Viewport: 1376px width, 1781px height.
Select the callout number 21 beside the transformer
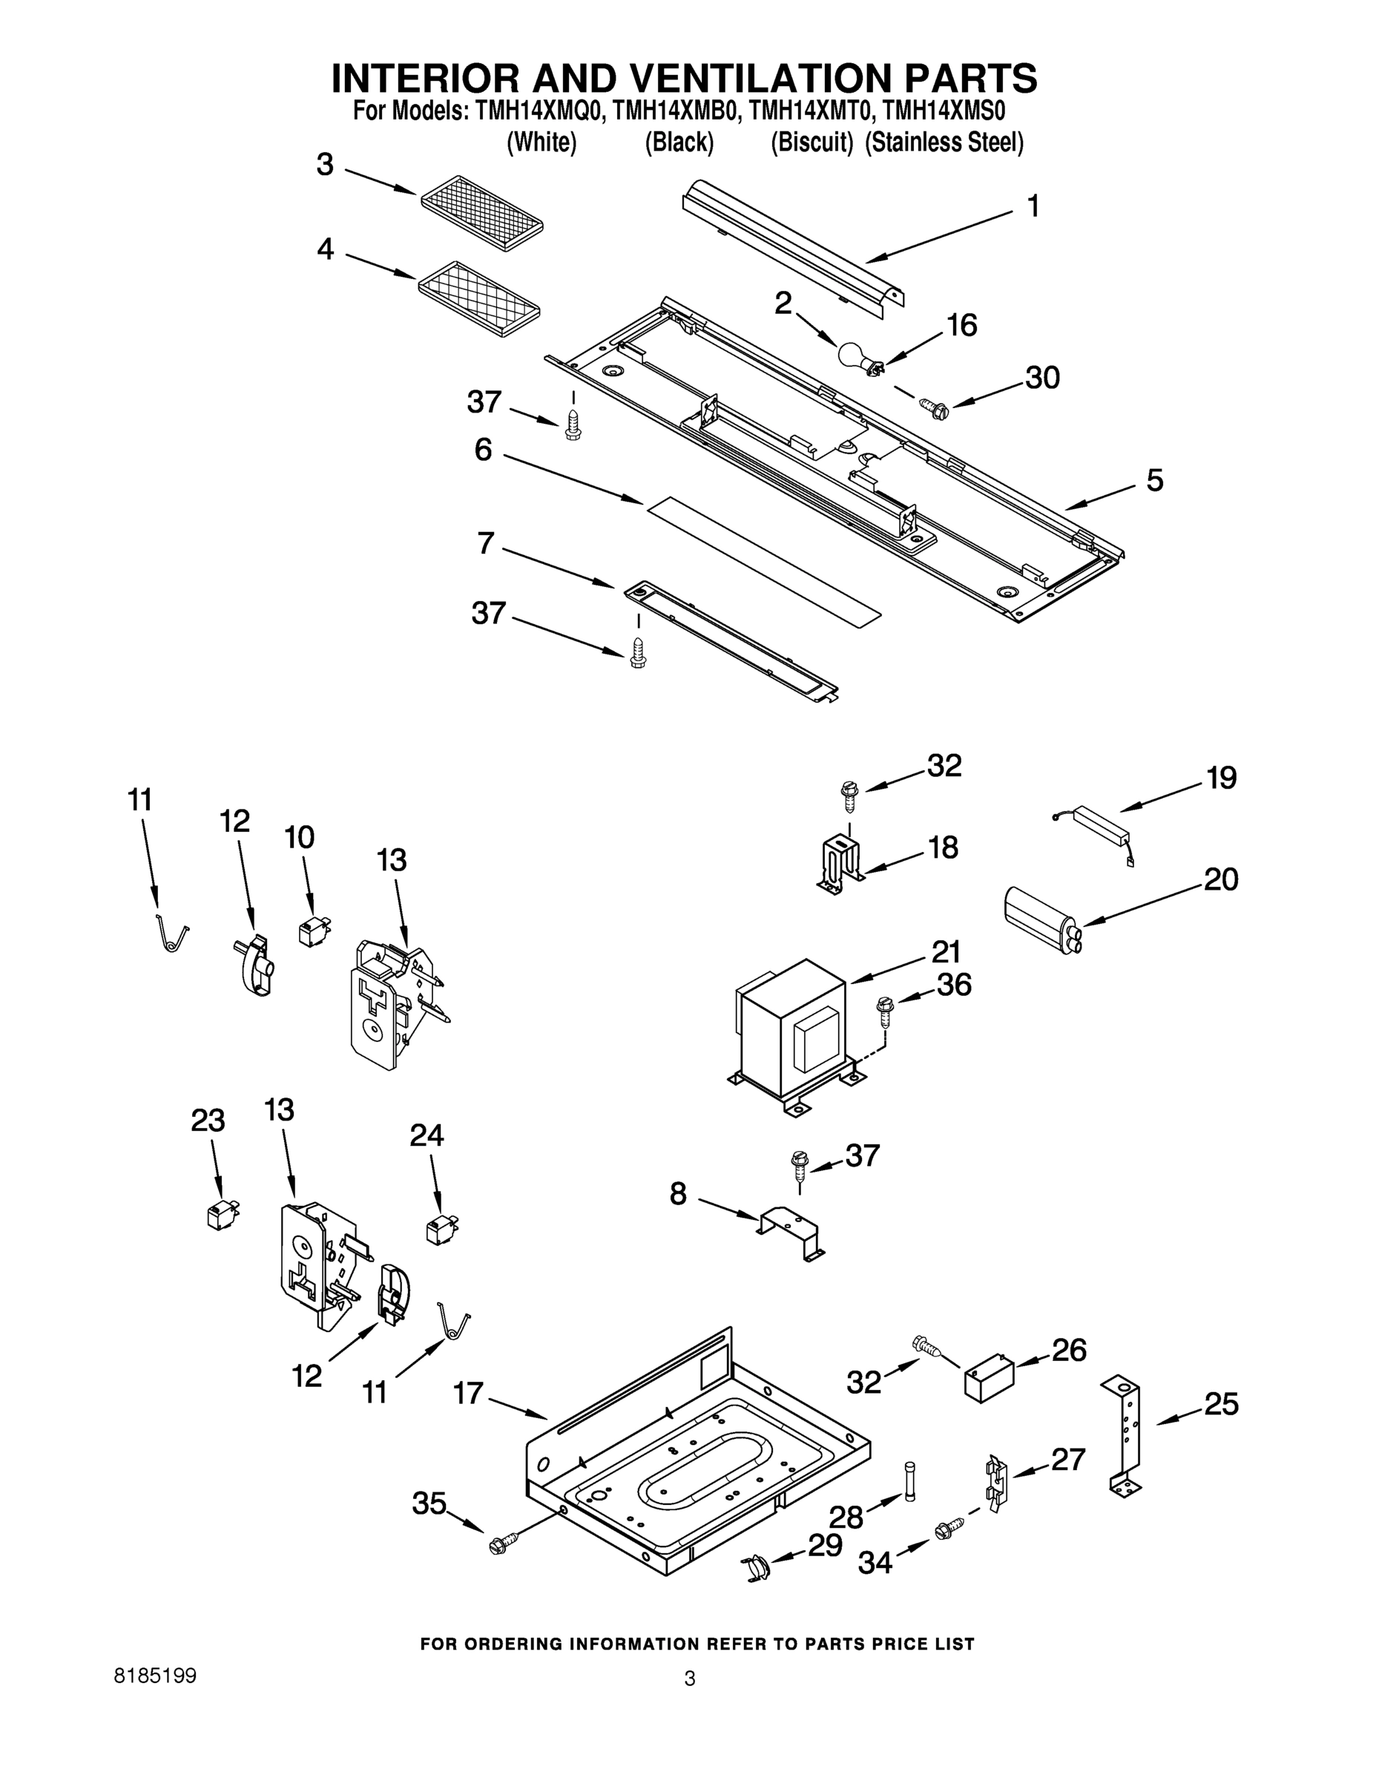pos(947,951)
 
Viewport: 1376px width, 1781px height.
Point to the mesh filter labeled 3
pos(481,213)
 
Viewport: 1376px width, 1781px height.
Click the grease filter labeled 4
pos(479,300)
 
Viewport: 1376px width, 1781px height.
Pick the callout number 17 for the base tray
pos(469,1394)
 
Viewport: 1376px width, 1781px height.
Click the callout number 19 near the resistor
pos(1221,778)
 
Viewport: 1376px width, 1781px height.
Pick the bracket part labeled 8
pos(789,1233)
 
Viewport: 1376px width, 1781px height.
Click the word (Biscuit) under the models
pos(811,142)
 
